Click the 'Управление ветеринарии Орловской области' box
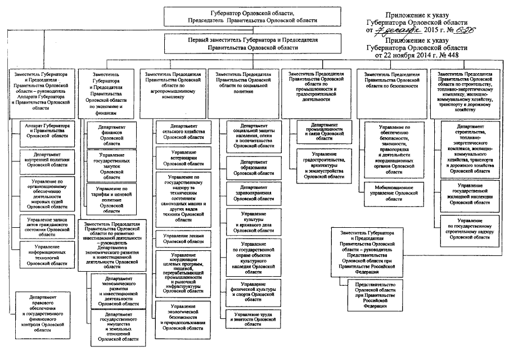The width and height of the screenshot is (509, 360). pos(177,159)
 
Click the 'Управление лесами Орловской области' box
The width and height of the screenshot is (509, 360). pos(177,237)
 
